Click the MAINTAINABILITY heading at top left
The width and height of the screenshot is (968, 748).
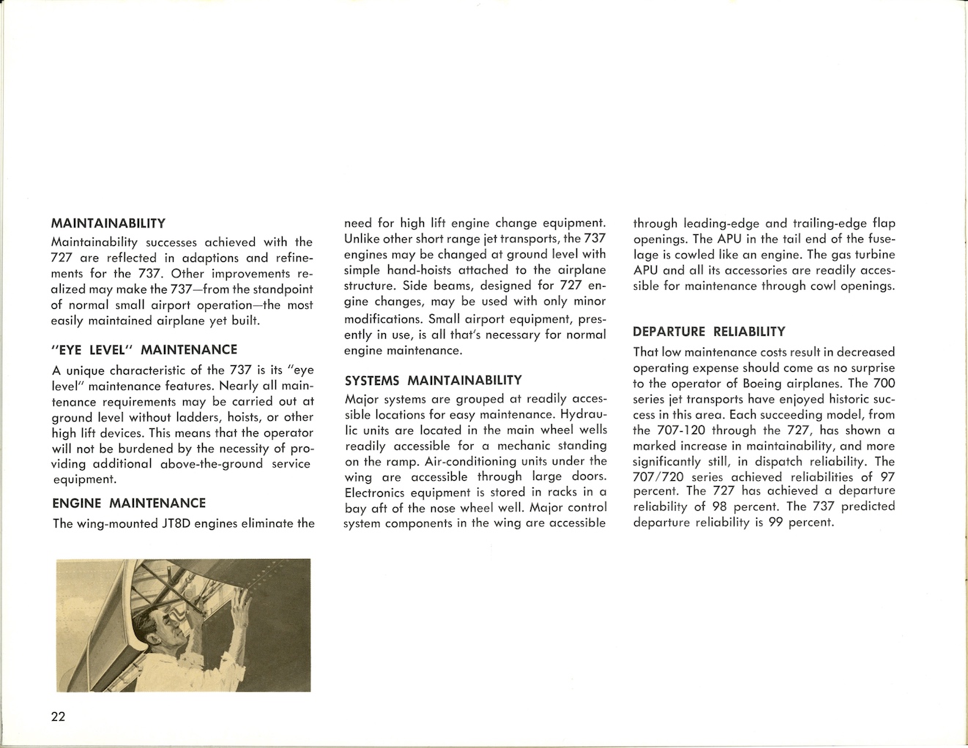click(108, 223)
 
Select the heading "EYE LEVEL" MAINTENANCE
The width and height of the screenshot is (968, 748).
click(144, 350)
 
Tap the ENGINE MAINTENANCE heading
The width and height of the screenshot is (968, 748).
click(129, 503)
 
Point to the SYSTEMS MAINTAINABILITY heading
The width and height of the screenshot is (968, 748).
click(433, 381)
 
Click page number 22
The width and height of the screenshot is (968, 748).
click(59, 717)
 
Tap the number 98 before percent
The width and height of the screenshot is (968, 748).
click(719, 507)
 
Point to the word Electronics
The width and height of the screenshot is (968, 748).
click(378, 493)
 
